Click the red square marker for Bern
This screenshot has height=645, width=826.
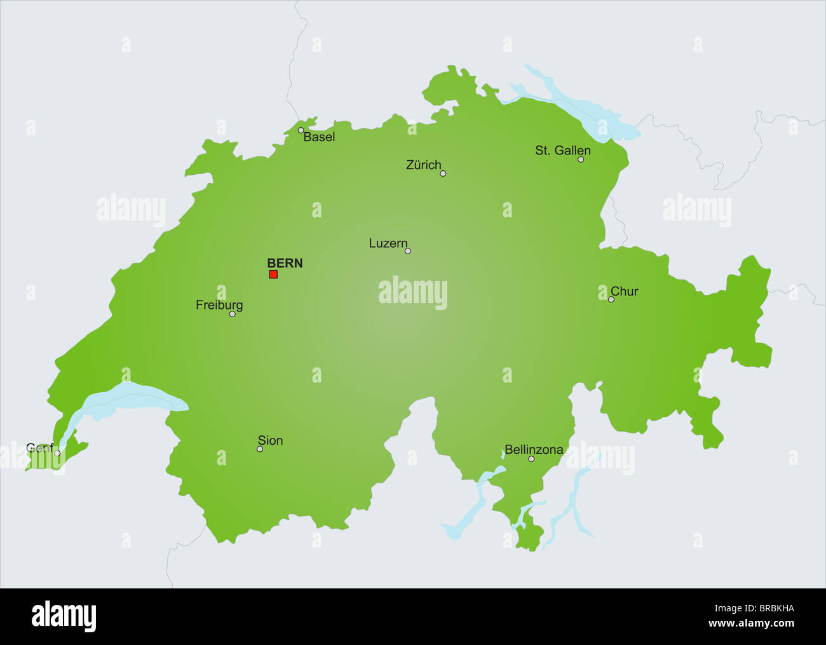tap(273, 275)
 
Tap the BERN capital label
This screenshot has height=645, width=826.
tap(285, 263)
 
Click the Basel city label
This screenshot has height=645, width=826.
tap(319, 137)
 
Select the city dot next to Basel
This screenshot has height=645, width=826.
tap(301, 130)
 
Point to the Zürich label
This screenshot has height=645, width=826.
tap(423, 165)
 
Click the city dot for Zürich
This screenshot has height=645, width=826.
tap(443, 173)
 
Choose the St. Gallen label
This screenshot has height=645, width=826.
tap(562, 151)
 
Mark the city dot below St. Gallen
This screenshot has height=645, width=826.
tap(581, 160)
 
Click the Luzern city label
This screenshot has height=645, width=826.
tap(388, 243)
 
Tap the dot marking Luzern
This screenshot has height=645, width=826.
tap(408, 251)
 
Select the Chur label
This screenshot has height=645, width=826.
tap(624, 292)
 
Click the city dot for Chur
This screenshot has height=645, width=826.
tap(611, 299)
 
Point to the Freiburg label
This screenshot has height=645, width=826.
tap(219, 306)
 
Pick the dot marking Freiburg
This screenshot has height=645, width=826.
tap(233, 314)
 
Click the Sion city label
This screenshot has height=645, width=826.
tap(270, 441)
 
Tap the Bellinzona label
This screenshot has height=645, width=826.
tap(534, 450)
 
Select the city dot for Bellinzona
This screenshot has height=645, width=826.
tap(531, 459)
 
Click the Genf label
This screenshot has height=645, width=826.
tap(39, 448)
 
